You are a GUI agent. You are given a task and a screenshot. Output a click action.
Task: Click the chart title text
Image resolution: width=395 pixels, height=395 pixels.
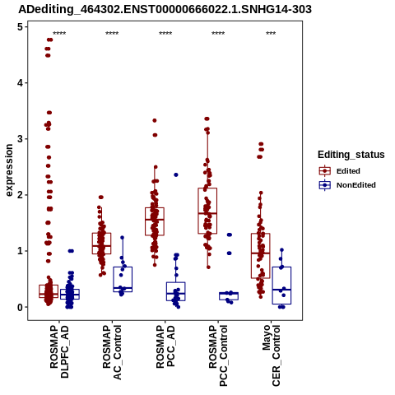(x=165, y=9)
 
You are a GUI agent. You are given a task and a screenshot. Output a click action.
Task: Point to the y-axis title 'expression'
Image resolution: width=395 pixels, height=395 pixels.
(x=9, y=170)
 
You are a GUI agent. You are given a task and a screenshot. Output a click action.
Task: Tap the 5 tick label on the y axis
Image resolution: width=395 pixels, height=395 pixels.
(x=21, y=27)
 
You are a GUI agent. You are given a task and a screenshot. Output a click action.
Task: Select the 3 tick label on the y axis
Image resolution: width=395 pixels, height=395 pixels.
(x=21, y=139)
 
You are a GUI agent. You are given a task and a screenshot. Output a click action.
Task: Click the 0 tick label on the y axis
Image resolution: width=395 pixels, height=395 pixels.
(x=21, y=307)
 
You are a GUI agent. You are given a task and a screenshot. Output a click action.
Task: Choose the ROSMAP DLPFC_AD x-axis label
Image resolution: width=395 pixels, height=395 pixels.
(x=59, y=351)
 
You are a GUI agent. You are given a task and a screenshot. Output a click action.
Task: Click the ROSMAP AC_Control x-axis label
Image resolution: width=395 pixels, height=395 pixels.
(x=112, y=352)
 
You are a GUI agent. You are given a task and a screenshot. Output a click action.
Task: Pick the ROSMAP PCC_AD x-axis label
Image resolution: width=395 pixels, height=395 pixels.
(x=165, y=346)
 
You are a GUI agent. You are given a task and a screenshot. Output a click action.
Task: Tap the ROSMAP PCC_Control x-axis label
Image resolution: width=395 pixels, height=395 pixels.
(x=218, y=355)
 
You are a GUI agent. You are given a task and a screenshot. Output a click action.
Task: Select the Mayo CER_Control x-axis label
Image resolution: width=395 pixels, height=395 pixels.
(x=272, y=355)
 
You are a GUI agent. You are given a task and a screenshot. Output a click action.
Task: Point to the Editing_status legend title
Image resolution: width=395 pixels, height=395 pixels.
(x=351, y=155)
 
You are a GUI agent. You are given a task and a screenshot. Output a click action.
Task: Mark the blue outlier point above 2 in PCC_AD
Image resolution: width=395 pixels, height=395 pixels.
(x=176, y=174)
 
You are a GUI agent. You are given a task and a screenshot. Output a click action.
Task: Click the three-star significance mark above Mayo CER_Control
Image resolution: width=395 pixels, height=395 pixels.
(x=271, y=34)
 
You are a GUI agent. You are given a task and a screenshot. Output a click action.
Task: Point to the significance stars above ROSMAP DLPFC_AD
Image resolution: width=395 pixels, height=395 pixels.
(x=59, y=34)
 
